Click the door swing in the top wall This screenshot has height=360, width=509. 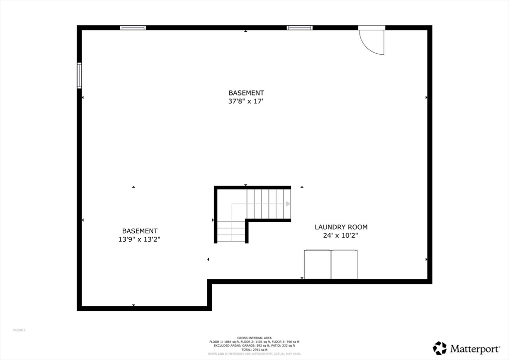(x=373, y=41)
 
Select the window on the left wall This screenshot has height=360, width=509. (x=80, y=76)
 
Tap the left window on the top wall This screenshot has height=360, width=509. (x=133, y=28)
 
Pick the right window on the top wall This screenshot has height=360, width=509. (x=300, y=28)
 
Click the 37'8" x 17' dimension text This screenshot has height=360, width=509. (x=246, y=101)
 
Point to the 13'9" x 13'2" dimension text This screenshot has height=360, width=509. (x=140, y=239)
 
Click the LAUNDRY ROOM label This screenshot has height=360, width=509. (x=341, y=227)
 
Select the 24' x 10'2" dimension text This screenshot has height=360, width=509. (x=341, y=236)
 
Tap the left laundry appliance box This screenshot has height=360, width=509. (x=318, y=265)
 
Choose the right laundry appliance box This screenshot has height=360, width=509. (x=344, y=265)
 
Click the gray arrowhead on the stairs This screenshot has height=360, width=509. (x=288, y=204)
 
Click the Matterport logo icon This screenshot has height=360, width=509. (x=439, y=348)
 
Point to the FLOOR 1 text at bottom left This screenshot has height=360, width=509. (x=19, y=330)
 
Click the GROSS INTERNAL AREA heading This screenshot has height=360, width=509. (x=254, y=338)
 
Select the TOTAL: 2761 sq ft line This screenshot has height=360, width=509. (x=254, y=350)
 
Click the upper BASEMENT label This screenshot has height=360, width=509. (x=246, y=93)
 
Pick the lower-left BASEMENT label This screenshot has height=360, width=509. (x=140, y=231)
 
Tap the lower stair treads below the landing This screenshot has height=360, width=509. (x=232, y=231)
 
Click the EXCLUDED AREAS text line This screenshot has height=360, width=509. (x=254, y=346)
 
